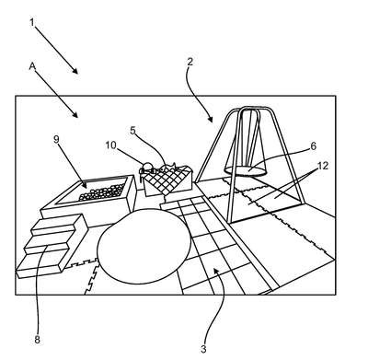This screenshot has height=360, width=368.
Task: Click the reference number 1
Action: pos(32,22)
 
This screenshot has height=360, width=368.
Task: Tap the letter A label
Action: pos(32,66)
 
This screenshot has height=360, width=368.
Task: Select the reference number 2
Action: pos(190,62)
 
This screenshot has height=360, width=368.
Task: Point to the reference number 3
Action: pos(203,349)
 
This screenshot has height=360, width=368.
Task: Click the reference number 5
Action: pos(132,130)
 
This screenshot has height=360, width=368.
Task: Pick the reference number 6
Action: pos(313,145)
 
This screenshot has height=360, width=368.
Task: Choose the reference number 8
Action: pos(37,340)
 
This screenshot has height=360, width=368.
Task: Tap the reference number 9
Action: pos(56,139)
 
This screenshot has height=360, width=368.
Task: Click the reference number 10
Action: pos(111,145)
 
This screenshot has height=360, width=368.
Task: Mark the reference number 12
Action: pos(323,166)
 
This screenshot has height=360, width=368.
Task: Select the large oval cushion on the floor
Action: pos(144,246)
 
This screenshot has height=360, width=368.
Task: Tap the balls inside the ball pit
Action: pos(102,192)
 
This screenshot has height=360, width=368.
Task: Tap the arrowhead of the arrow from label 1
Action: pos(75,71)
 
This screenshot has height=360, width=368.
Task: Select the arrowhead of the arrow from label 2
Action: pos(211,120)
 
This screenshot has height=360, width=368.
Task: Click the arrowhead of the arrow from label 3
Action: pos(216,271)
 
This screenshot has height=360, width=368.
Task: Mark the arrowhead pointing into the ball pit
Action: pos(84,184)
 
